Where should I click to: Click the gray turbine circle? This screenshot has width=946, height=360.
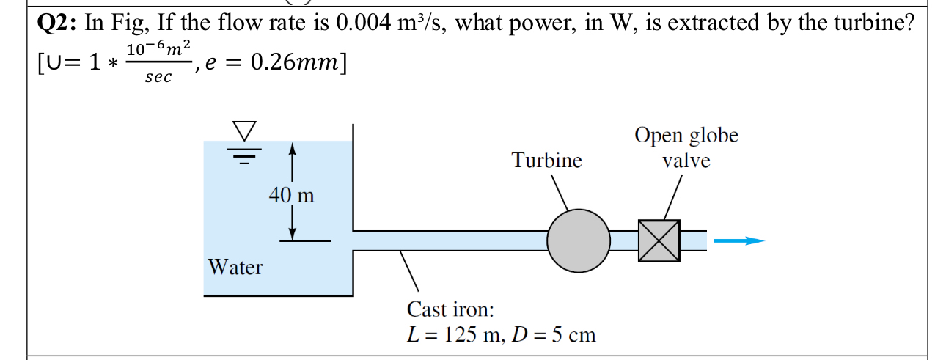click(578, 240)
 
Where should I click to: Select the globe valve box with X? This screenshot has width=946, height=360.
click(659, 240)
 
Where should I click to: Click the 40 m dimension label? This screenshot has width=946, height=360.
click(291, 196)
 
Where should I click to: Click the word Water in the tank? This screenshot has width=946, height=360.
click(235, 267)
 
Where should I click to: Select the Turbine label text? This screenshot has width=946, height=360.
click(546, 160)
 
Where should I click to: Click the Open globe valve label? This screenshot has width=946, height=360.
click(686, 147)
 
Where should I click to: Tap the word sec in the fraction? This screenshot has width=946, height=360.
click(158, 77)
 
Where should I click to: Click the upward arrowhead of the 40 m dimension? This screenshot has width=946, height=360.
click(293, 150)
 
